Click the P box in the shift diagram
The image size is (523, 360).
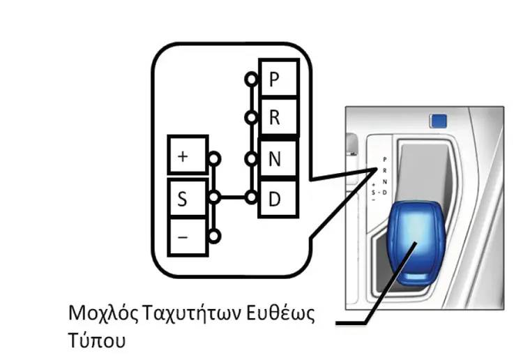279,78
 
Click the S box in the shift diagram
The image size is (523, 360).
188,198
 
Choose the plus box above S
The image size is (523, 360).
188,155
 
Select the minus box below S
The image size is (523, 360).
188,237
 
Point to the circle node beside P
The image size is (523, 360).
251,80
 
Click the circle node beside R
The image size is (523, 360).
251,117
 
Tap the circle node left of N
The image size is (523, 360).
251,159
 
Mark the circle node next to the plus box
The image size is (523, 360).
214,159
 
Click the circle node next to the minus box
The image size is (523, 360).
214,237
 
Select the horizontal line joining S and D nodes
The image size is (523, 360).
232,197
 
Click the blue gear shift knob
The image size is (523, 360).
416,242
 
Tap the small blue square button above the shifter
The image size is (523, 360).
439,121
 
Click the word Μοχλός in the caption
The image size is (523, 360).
103,313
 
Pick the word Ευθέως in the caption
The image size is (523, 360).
280,313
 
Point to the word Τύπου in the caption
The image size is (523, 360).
97,340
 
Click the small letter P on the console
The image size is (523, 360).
384,160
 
